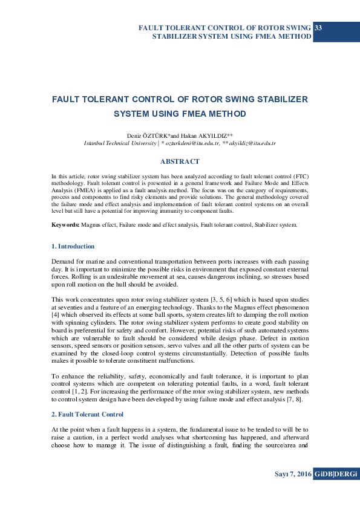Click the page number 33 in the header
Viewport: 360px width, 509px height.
318,28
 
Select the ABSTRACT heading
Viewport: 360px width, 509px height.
180,161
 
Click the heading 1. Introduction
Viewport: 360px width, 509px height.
73,246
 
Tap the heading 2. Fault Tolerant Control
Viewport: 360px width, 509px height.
87,414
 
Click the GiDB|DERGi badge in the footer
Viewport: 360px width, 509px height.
336,475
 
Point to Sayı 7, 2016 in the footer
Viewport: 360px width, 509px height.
292,475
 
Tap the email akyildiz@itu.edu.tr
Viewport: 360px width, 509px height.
253,143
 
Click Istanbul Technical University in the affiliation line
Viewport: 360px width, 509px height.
119,143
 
